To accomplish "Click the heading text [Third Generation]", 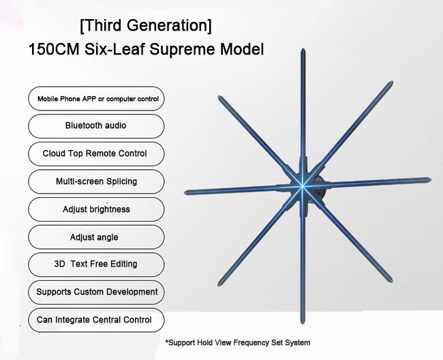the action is click(x=146, y=26).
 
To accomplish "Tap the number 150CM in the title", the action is click(x=54, y=49).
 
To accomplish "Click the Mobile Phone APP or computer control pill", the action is click(x=96, y=99).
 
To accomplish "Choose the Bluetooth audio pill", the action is click(x=96, y=126).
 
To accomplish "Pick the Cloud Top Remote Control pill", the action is click(x=96, y=153).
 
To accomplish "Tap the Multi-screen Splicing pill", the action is click(x=96, y=181).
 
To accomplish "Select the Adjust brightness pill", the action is click(x=96, y=209).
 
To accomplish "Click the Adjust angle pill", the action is click(x=96, y=237).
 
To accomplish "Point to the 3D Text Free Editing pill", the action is click(x=96, y=265).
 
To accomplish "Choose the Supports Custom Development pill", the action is click(x=96, y=292).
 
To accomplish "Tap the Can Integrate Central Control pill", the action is click(x=96, y=320).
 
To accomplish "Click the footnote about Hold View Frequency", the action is click(x=238, y=343).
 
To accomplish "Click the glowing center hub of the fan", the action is click(x=302, y=185).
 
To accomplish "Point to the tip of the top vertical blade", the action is click(x=303, y=49).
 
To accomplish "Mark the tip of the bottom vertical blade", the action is click(x=303, y=323).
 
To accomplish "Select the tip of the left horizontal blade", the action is click(x=185, y=193).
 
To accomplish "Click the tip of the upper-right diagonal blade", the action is click(x=392, y=82).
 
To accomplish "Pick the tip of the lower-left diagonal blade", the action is click(x=219, y=285).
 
